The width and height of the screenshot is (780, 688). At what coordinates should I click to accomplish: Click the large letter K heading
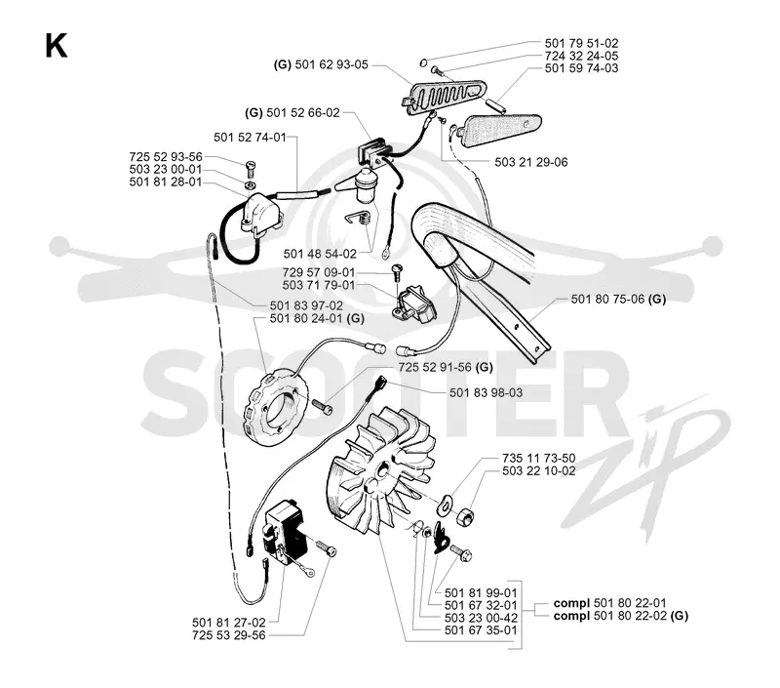(x=57, y=46)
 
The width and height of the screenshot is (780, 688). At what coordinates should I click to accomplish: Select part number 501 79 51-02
(x=581, y=43)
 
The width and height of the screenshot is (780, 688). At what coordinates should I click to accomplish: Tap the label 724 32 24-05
(x=581, y=56)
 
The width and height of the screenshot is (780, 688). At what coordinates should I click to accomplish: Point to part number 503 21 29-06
(x=530, y=162)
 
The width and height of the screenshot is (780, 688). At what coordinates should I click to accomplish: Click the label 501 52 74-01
(x=251, y=137)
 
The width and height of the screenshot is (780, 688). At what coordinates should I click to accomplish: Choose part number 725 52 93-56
(x=166, y=157)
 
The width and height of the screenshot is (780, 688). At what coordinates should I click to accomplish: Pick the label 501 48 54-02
(x=320, y=254)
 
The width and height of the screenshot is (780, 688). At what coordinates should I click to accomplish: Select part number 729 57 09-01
(x=319, y=272)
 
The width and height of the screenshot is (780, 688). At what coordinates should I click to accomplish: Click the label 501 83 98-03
(x=486, y=392)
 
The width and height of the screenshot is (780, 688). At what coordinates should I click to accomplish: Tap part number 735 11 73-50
(x=539, y=458)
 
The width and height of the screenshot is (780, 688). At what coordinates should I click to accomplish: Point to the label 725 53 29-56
(x=229, y=635)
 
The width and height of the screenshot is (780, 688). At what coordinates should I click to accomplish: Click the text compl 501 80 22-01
(x=610, y=603)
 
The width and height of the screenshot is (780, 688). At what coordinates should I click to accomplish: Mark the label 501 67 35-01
(x=481, y=630)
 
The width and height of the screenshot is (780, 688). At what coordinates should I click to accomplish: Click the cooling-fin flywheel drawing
(x=380, y=478)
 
